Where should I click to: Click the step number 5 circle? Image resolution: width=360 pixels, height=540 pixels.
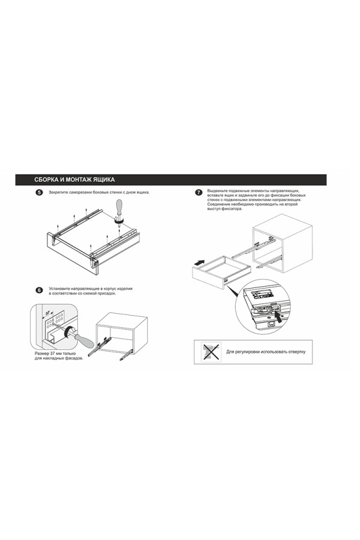[x=39, y=193]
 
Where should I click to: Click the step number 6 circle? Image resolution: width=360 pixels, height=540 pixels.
[x=39, y=290]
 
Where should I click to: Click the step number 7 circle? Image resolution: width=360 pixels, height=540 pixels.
[x=199, y=193]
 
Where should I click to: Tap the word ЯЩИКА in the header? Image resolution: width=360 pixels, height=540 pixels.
[x=104, y=180]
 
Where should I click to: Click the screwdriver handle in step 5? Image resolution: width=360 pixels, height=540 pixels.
[x=119, y=208]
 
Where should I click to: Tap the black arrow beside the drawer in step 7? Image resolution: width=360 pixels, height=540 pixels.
[x=199, y=262]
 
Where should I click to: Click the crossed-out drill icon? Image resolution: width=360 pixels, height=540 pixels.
[x=211, y=352]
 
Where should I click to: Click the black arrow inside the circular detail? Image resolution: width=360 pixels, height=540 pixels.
[x=281, y=317]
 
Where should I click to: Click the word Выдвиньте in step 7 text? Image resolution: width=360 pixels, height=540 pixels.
[x=217, y=190]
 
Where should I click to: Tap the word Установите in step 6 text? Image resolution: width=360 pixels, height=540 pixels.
[x=59, y=289]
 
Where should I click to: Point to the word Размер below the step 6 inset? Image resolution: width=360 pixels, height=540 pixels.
[x=42, y=353]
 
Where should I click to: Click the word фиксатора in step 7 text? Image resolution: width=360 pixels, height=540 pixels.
[x=233, y=209]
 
